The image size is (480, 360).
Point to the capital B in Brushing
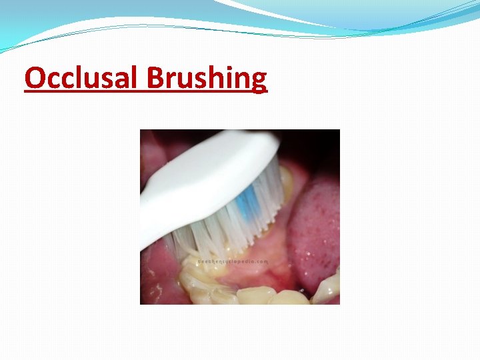tap(155, 79)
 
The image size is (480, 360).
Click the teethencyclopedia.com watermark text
tap(233, 261)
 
